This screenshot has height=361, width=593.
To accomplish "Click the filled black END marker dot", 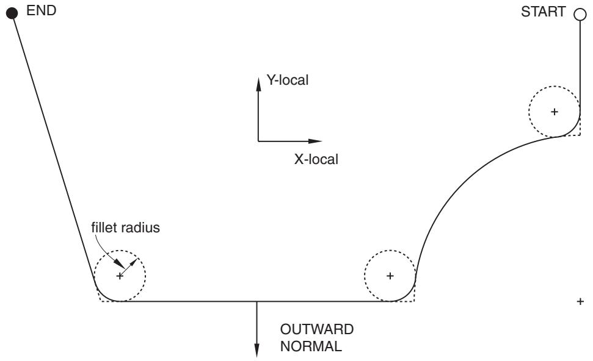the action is coord(12,13).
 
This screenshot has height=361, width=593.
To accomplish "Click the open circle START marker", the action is coord(580,15).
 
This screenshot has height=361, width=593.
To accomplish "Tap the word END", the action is coord(41,10).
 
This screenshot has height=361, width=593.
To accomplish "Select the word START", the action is coord(543,12).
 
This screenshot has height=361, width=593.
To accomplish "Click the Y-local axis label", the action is coord(288,80).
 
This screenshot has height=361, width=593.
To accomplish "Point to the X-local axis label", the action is coord(316,159).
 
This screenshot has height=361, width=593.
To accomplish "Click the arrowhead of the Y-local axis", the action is coord(259,84).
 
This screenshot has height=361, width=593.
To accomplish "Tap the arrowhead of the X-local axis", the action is coord(315,141).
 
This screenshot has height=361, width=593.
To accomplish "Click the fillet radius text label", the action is coord(126,227).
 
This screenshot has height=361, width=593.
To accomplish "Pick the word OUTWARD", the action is coord(317,329).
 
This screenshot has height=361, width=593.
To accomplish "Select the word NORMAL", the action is coord(311,346).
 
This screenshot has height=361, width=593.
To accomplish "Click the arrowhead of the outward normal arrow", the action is coord(256,351).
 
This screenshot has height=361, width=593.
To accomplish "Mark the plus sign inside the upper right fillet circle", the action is coord(555,112).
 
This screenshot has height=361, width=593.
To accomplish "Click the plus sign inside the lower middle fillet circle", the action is coord(390,276).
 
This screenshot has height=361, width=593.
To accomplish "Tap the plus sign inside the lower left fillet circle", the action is coord(120,276).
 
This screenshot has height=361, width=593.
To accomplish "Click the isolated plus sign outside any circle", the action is coord(580,301).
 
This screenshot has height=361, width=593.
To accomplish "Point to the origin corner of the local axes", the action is coord(259,141).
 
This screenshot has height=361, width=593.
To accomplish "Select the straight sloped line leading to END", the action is coord(54,148).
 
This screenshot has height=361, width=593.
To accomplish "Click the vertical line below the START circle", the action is coord(580,64).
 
